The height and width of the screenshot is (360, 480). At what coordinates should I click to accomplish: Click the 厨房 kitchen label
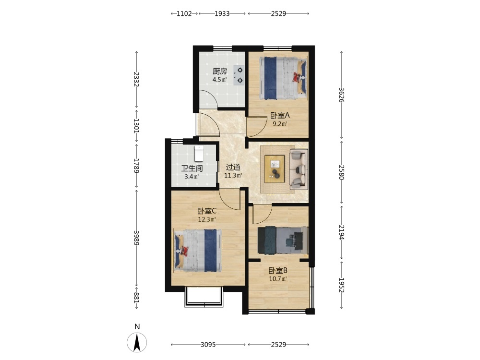(220, 72)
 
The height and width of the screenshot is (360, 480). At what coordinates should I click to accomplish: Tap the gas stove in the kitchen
(239, 75)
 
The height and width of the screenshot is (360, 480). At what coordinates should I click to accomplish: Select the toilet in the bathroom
(199, 154)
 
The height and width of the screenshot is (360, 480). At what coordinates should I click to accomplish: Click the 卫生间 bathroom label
(192, 168)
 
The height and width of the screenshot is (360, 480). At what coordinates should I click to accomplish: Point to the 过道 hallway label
(233, 167)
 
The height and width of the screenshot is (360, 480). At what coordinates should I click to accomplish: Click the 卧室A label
(280, 115)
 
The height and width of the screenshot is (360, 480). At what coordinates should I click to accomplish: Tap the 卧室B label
(278, 271)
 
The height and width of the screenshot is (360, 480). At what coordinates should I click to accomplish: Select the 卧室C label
(207, 211)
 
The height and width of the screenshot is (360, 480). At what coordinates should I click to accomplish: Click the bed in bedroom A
(283, 78)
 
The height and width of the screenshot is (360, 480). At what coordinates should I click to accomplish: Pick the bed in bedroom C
(198, 251)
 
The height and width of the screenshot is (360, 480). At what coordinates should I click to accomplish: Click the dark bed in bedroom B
(283, 240)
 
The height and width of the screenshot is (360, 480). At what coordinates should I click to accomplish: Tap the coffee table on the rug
(275, 169)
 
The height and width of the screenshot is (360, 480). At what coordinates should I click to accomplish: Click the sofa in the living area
(299, 169)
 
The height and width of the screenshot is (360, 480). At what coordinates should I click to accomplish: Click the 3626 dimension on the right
(342, 95)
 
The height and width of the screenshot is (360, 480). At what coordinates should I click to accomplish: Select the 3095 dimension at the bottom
(208, 345)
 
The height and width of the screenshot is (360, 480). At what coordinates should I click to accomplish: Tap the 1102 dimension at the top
(184, 13)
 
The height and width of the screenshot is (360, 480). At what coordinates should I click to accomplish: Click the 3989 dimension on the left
(136, 238)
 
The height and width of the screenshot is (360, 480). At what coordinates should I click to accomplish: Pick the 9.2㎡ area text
(280, 124)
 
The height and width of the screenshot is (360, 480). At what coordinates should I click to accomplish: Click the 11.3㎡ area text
(233, 175)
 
